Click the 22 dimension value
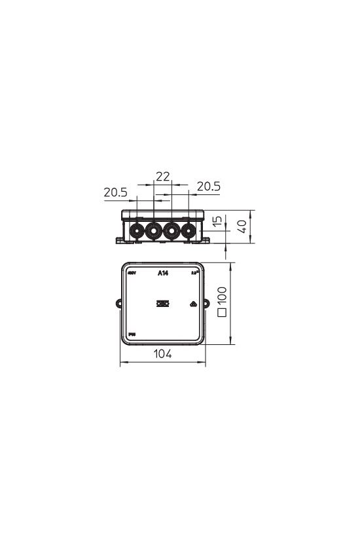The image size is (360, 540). click(162, 175)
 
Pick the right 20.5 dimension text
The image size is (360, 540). click(209, 187)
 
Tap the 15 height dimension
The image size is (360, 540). click(219, 223)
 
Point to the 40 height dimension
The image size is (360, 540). click(242, 226)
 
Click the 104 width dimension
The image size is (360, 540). click(162, 354)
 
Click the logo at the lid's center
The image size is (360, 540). click(162, 304)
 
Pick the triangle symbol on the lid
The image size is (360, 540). click(193, 304)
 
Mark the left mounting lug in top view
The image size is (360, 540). click(118, 304)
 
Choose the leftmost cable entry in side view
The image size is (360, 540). click(137, 230)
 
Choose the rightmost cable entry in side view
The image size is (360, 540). click(189, 230)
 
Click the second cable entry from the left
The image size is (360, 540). click(154, 230)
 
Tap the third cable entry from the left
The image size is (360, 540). click(171, 230)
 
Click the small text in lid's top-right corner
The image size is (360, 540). click(194, 272)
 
